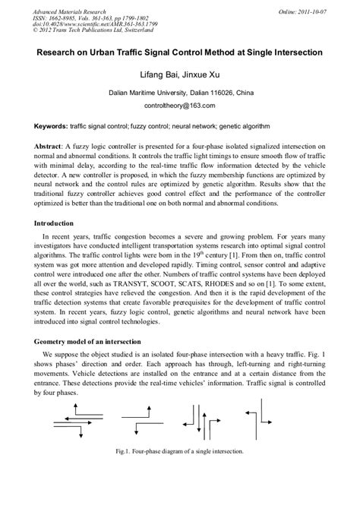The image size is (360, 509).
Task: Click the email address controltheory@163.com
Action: [x=180, y=107]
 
